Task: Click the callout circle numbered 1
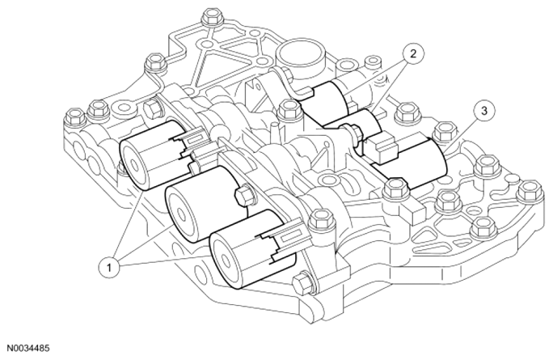coord(109,268)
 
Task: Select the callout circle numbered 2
coord(413,53)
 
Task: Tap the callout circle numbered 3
coord(484,111)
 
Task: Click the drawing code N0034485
coord(27,349)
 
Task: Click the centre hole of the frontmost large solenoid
coord(223,257)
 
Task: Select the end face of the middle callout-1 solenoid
coord(182,214)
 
